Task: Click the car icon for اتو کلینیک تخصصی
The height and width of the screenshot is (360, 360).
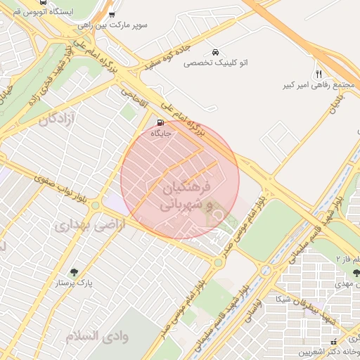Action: click(214, 52)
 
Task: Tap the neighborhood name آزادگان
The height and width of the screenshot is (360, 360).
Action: click(52, 119)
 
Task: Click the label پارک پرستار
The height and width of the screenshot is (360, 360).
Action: click(75, 283)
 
